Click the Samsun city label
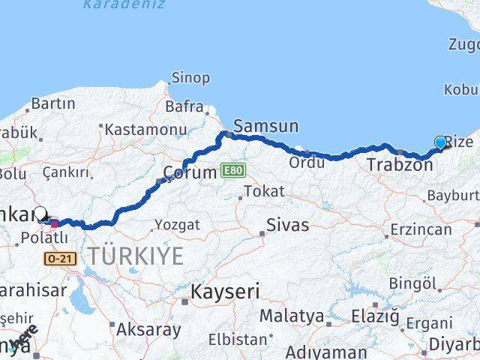point(265,126)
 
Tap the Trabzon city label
point(400,164)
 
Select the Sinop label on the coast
point(190,77)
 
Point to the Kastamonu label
point(145,129)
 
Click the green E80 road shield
point(232,171)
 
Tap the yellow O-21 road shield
point(60,259)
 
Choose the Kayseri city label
point(225,291)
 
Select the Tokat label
point(265,191)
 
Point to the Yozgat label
point(177,224)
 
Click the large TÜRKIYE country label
point(135,256)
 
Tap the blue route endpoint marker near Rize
point(440,142)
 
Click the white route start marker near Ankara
point(40,214)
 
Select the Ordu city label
point(307,163)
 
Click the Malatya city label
point(293,316)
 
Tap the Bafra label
point(184,106)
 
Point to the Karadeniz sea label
point(112,4)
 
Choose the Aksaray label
point(148,328)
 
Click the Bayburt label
point(453,196)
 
